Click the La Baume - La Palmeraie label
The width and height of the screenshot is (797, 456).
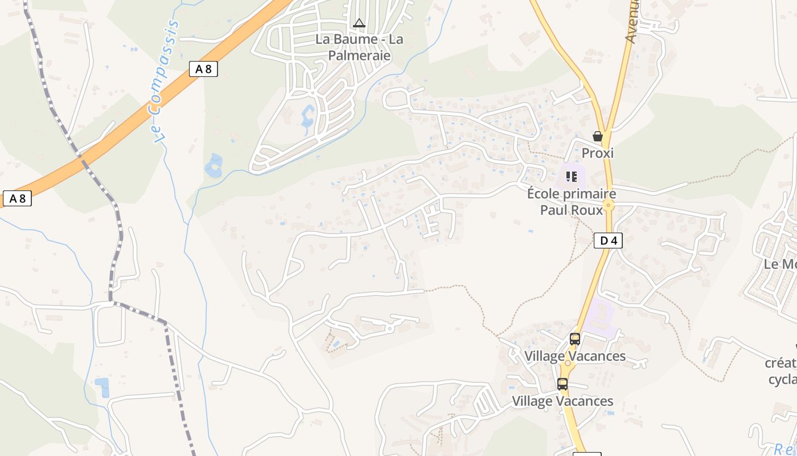click(359, 47)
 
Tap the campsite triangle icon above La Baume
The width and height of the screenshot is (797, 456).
click(359, 23)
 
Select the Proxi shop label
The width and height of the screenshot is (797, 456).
click(598, 153)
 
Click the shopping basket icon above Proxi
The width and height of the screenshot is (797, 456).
click(598, 136)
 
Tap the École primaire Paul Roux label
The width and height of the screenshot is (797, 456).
click(571, 202)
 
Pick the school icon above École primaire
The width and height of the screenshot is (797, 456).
click(571, 177)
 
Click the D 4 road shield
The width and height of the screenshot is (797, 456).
click(608, 241)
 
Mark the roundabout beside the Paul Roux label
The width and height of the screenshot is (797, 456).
click(609, 206)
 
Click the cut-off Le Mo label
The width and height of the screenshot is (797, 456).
click(780, 264)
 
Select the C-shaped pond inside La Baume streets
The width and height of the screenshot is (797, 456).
click(307, 116)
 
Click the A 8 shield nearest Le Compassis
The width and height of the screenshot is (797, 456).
click(203, 69)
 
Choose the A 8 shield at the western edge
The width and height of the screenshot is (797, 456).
click(17, 198)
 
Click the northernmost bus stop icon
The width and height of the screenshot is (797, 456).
click(575, 339)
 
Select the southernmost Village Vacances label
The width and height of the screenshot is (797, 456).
click(562, 401)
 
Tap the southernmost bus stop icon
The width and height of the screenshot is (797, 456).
click(562, 384)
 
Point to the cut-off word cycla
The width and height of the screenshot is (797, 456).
click(783, 379)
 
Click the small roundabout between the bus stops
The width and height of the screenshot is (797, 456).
click(567, 363)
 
